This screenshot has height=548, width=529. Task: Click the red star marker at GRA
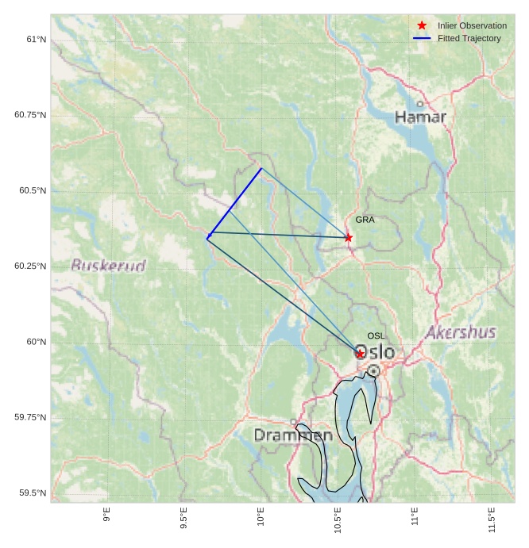tap(348, 237)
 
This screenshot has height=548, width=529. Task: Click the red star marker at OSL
tap(360, 353)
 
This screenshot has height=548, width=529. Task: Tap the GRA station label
tap(365, 220)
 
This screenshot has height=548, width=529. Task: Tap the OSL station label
tap(376, 336)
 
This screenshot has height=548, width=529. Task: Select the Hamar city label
tap(420, 117)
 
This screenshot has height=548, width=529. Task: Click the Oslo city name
tap(376, 351)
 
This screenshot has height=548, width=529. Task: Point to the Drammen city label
tap(293, 435)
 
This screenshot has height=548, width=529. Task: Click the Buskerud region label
tap(109, 266)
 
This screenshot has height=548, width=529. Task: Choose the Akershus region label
tap(461, 332)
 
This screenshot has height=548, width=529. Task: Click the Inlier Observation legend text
tap(472, 25)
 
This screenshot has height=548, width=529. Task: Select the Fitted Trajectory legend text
tap(469, 38)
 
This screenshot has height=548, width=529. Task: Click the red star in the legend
tap(422, 25)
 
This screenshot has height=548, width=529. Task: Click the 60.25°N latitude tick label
tap(30, 266)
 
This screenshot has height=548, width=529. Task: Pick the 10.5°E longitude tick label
tap(338, 519)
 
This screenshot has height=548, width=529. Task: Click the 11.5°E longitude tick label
tap(492, 519)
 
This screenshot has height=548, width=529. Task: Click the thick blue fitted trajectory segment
tap(234, 203)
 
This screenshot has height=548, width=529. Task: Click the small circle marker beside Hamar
tap(420, 103)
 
